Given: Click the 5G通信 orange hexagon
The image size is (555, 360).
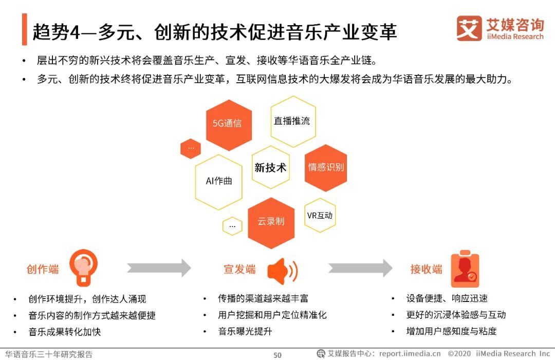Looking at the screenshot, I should (229, 124).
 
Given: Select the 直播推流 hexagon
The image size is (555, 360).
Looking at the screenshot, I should (292, 121).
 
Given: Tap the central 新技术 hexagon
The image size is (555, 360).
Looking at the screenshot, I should (271, 167).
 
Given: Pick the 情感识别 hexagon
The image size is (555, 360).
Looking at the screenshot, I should (326, 167).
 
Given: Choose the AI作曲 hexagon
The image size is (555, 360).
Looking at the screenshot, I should (219, 181).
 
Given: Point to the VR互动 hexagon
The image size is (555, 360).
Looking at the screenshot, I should (320, 216).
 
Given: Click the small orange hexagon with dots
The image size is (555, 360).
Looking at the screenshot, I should (191, 148).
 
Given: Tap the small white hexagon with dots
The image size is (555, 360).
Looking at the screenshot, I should (232, 225).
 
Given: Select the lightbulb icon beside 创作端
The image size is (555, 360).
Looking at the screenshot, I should (84, 267).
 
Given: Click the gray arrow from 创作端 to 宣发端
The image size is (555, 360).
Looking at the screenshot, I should (159, 268).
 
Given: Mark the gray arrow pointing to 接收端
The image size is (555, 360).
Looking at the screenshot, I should (360, 268).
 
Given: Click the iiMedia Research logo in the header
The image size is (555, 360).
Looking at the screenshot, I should (499, 28).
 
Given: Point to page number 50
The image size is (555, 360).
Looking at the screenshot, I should (277, 355).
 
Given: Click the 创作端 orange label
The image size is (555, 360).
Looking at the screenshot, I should (43, 269).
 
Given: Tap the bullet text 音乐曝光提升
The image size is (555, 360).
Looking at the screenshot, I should (245, 331).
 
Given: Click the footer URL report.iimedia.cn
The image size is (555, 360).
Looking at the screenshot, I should (410, 354).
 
